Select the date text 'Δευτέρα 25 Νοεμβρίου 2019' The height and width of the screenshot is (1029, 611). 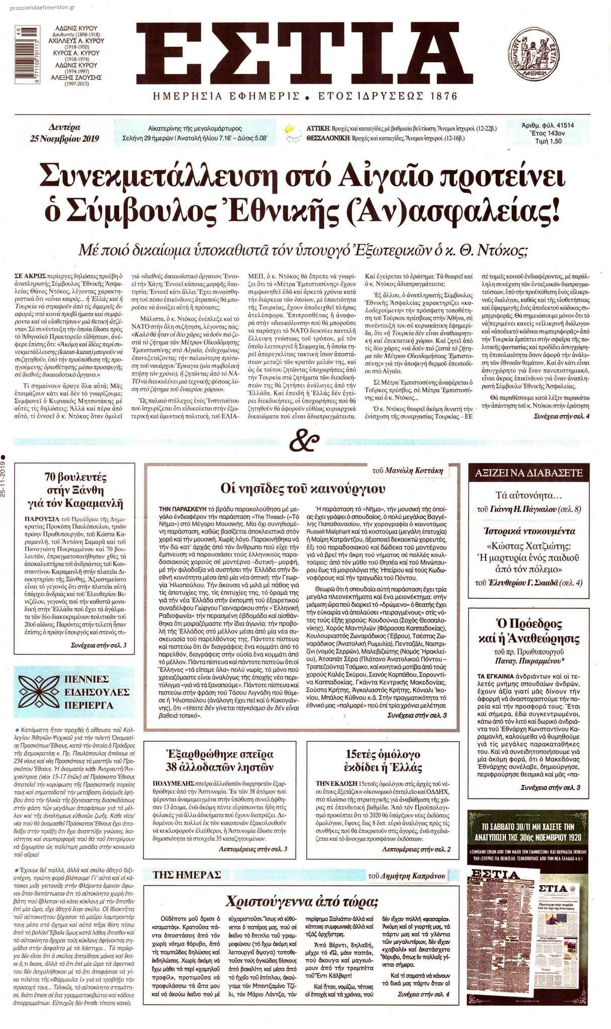(x=64, y=133)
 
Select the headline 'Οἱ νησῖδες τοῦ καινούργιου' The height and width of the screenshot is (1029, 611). (x=303, y=488)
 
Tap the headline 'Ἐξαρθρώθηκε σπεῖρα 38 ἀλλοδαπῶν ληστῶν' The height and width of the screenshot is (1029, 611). (x=220, y=761)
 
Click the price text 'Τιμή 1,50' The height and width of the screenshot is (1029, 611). (x=548, y=141)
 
